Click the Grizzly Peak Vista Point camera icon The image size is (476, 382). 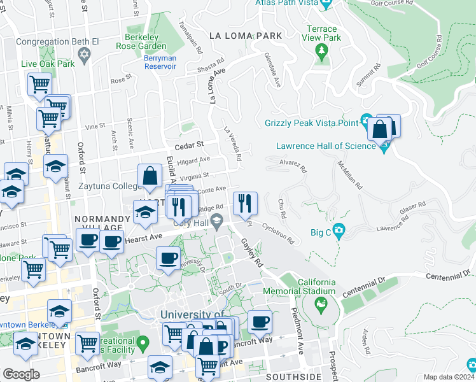pos(366,120)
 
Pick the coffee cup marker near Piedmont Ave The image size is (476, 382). pos(259,322)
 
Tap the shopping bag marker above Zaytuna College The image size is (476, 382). pos(150,176)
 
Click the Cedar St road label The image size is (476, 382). pos(190,144)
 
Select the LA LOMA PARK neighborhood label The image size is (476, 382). pos(247,36)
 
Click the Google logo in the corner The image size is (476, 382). pos(21,374)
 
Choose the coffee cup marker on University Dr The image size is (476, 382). pos(168,258)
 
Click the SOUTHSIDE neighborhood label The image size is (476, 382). pos(294,377)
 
